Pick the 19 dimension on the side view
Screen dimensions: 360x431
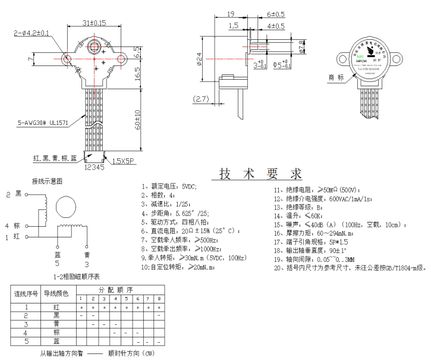(x=231, y=14)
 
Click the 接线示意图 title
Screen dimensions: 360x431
(x=47, y=180)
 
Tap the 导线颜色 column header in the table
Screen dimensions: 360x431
(x=56, y=293)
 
